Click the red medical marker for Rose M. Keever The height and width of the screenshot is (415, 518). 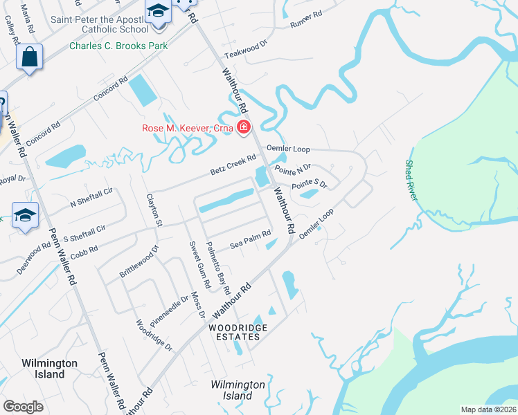point(243,127)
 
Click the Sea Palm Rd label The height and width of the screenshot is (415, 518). point(250,238)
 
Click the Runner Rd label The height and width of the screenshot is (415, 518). point(307,19)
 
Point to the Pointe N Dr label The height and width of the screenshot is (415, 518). point(293,168)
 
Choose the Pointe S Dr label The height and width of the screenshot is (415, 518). point(309,184)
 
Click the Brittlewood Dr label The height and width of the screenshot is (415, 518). point(139,261)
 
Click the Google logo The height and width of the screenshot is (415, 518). point(23,406)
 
